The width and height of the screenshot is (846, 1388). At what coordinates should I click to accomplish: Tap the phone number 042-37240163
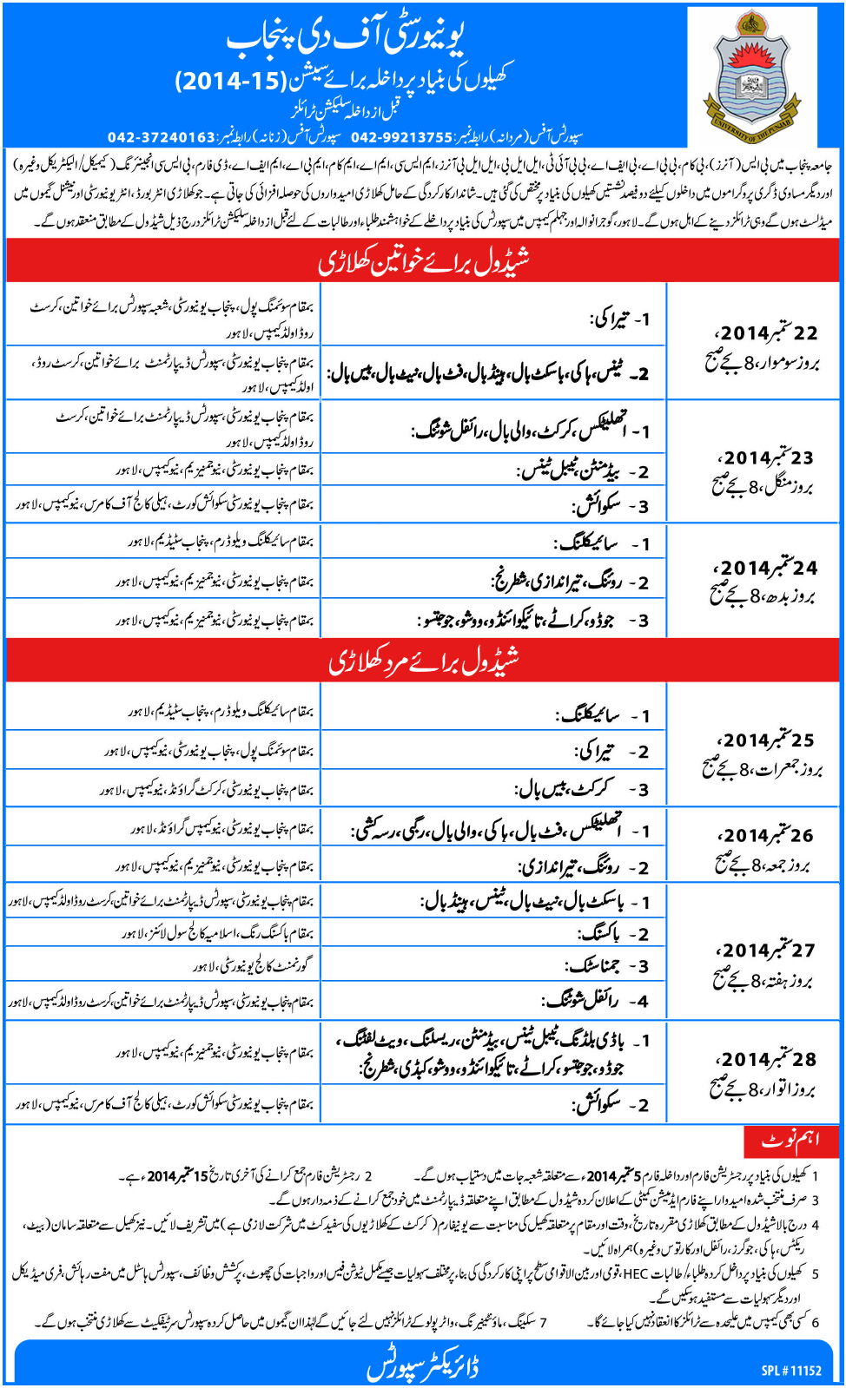[161, 137]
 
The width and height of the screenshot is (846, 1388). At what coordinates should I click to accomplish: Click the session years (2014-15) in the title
[230, 82]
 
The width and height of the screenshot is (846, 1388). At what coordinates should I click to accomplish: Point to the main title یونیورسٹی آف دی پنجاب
[346, 37]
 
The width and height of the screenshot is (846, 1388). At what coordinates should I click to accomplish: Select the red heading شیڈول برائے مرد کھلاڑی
[423, 661]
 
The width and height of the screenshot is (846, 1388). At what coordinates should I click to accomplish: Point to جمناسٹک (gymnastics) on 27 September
[594, 965]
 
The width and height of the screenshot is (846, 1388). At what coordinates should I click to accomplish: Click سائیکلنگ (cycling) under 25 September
[588, 715]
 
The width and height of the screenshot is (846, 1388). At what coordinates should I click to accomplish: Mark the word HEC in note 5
[636, 1273]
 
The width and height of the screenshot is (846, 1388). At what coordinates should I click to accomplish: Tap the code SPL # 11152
[791, 1371]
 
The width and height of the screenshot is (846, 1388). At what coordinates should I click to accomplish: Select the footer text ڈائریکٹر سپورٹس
[423, 1366]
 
